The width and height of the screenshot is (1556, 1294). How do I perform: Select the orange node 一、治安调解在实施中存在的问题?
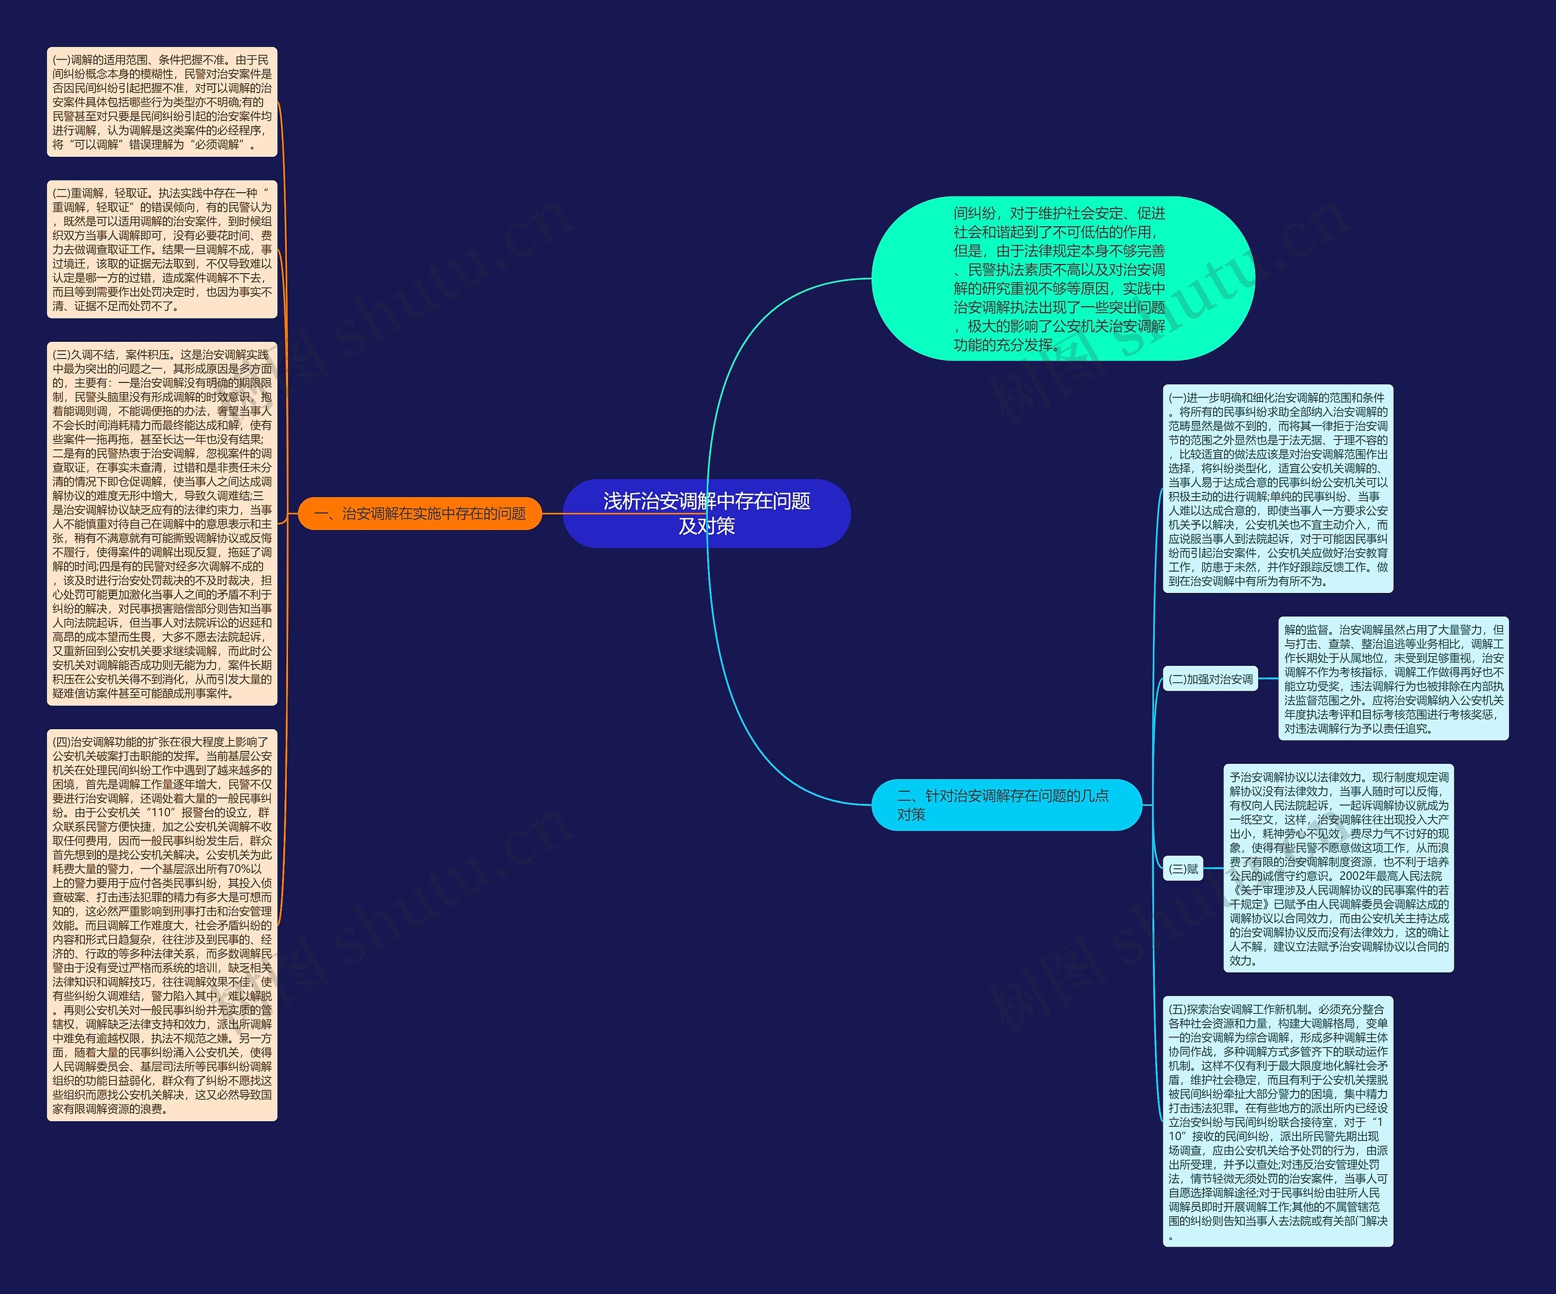point(419,514)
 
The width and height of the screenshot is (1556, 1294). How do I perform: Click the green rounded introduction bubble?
point(1062,279)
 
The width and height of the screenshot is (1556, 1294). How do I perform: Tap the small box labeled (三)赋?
point(1183,868)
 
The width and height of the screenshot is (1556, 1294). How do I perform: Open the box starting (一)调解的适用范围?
point(162,102)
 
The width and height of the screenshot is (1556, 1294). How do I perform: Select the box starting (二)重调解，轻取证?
point(162,249)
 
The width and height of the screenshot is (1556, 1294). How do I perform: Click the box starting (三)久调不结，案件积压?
point(162,523)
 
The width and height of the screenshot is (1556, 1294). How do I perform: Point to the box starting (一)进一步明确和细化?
point(1278,489)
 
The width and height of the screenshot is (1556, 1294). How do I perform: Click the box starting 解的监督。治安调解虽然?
point(1393,679)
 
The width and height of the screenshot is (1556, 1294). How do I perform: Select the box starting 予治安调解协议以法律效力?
point(1338,868)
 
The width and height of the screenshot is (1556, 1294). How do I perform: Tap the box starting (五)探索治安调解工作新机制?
point(1278,1121)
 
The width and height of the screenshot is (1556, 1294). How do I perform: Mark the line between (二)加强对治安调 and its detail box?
point(1268,679)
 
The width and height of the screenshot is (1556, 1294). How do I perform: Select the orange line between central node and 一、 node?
point(553,514)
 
